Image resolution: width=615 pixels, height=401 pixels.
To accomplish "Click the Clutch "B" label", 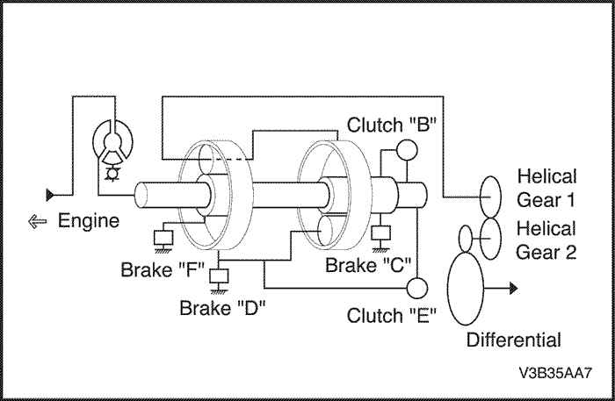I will pos(387,124).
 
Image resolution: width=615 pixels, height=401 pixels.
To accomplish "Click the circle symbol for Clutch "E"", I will pos(416,288).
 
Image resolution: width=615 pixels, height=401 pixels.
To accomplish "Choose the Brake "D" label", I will pos(222,308).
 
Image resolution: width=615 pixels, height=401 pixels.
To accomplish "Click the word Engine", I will pos(89,221).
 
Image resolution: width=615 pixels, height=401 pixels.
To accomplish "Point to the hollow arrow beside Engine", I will pos(38,222).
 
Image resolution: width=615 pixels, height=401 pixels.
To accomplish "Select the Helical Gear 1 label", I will pos(546,184).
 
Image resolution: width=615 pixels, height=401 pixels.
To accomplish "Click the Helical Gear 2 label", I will pos(546,240).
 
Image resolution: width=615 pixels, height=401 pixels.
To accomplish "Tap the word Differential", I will pos(514,340).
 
